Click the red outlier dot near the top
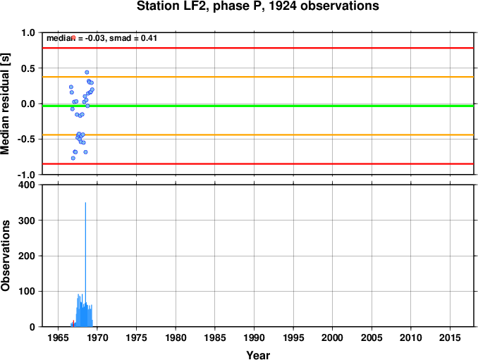(73, 37)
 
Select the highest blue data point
(87, 72)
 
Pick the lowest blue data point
(73, 158)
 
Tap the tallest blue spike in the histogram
(85, 264)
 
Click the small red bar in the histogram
(73, 323)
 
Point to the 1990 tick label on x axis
(254, 337)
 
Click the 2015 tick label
(450, 337)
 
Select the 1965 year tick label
(58, 337)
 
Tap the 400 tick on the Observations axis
(27, 185)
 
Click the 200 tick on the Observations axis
(27, 256)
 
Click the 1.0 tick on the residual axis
(28, 32)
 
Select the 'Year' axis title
(258, 355)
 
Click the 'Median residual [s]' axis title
(5, 104)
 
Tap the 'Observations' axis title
(5, 256)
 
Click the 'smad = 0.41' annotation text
(133, 38)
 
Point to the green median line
(258, 106)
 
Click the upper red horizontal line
(258, 48)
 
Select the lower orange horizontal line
(258, 135)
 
